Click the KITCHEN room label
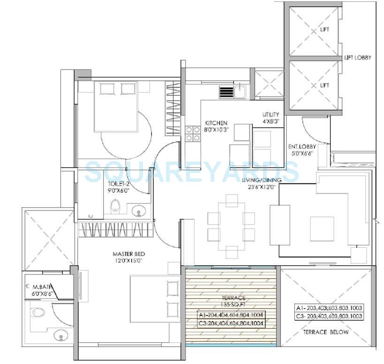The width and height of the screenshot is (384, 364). [x=216, y=123]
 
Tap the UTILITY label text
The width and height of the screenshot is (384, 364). [x=271, y=115]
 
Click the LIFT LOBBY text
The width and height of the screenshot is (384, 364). [x=358, y=58]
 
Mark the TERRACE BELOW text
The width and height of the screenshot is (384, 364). [x=329, y=333]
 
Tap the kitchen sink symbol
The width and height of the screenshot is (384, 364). [x=240, y=91]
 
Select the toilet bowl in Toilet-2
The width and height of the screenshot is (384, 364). [x=114, y=206]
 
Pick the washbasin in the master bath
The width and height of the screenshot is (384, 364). [x=60, y=335]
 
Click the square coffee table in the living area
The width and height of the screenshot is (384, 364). [x=322, y=229]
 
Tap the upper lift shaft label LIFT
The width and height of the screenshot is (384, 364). [x=324, y=30]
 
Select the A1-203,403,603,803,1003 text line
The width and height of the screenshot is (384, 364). [x=329, y=308]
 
